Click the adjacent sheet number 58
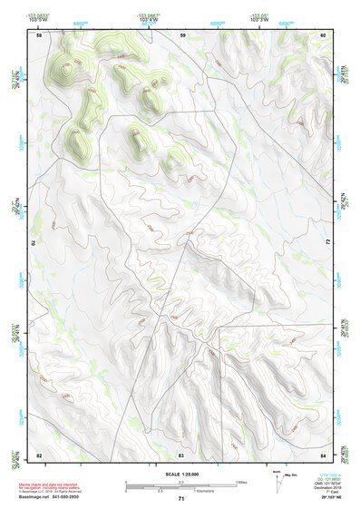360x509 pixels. (39, 35)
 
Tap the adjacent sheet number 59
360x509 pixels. (182, 35)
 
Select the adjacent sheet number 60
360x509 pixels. (323, 35)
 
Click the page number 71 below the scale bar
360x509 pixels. (180, 499)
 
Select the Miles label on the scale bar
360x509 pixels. (240, 481)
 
